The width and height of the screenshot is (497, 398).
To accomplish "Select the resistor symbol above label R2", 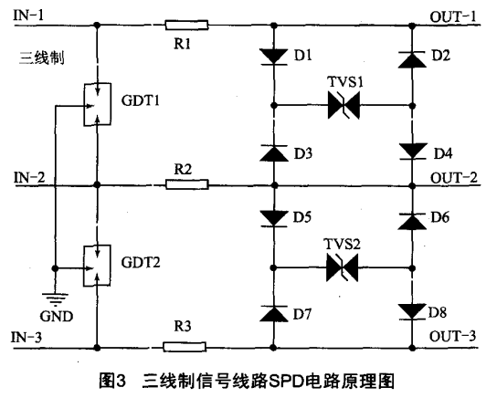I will click(186, 183).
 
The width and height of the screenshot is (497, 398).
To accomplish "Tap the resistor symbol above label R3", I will click(186, 347).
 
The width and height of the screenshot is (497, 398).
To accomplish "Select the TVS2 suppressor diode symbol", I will click(344, 268).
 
